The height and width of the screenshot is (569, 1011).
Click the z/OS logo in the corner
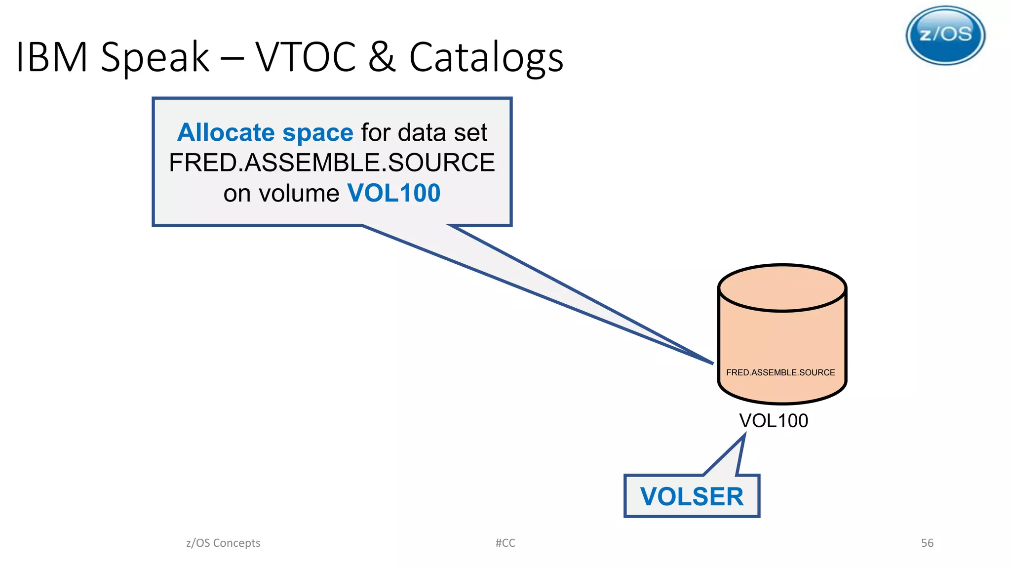(945, 36)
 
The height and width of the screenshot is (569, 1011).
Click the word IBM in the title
(51, 57)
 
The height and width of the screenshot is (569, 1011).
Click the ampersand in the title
(381, 57)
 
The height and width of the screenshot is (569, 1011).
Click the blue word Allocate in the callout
(226, 132)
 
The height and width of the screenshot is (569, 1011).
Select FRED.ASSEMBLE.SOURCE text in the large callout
(332, 163)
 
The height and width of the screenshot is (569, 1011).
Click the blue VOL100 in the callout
(393, 193)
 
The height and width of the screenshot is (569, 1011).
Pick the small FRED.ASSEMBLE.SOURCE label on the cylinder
(780, 372)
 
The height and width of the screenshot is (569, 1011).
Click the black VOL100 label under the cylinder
(773, 421)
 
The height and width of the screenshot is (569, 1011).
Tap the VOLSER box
(692, 496)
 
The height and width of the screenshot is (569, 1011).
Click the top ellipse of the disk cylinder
(782, 288)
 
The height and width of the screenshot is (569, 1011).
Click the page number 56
(927, 543)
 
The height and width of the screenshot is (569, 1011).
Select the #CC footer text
(505, 543)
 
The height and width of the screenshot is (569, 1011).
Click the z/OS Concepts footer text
(223, 543)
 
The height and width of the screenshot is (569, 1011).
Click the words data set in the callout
(442, 132)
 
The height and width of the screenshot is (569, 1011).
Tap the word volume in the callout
(299, 193)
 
